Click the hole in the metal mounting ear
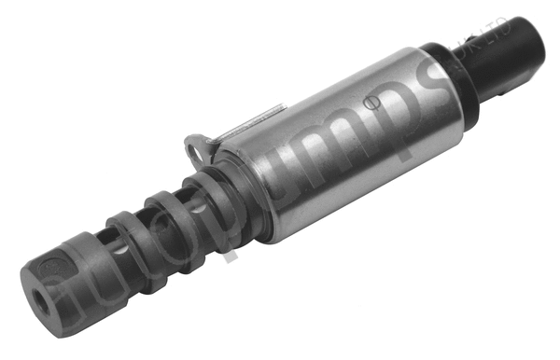195,145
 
